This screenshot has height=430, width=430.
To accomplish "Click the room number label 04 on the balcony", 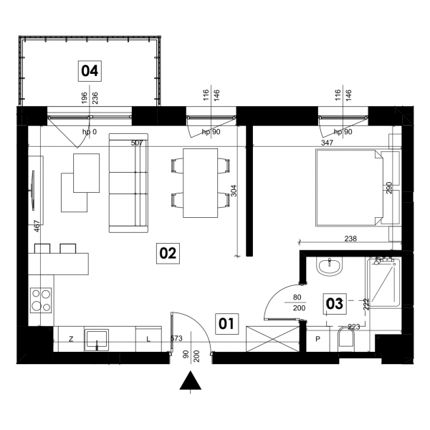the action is [x=90, y=71].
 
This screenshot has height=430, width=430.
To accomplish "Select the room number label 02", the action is [x=168, y=253].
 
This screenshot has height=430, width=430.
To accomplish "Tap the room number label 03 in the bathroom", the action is [x=335, y=304].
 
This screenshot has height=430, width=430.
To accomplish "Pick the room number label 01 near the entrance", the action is [x=226, y=324].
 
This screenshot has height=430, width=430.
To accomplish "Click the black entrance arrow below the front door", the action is [x=191, y=381].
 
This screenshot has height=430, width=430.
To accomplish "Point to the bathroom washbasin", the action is [x=330, y=267].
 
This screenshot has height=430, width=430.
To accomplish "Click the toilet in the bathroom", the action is [x=346, y=339].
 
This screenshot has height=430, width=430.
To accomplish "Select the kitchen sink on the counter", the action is [x=97, y=340].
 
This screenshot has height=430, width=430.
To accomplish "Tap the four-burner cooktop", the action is [x=41, y=300].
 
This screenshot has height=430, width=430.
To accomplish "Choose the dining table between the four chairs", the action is [x=201, y=183].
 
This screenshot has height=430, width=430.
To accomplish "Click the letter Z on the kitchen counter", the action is [x=71, y=339].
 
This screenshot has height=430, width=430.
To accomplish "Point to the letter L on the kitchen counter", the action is [x=148, y=340].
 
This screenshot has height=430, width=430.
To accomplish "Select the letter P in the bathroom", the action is [x=317, y=339].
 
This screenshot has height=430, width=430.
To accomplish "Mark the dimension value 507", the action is [x=137, y=143].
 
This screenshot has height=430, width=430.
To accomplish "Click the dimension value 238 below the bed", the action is [x=350, y=239].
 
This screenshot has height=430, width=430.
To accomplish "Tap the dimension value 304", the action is [x=234, y=191].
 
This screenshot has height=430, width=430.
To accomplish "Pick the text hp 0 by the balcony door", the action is [x=90, y=132].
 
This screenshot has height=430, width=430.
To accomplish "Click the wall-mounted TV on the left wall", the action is [x=33, y=191].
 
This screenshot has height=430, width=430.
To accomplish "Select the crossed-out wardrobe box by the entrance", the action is [x=272, y=339].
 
